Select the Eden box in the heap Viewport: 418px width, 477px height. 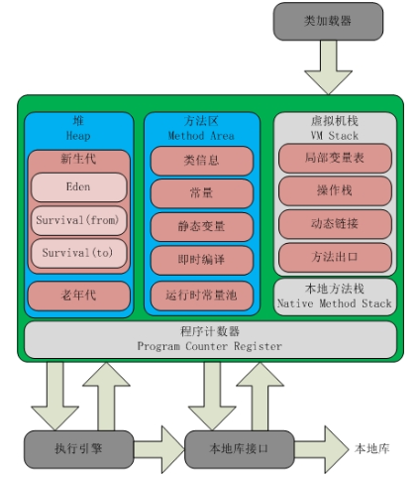click(x=78, y=186)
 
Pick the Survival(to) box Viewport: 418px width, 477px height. click(x=78, y=253)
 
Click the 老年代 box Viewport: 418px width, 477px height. click(x=78, y=295)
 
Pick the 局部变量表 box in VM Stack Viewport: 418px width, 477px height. click(x=334, y=158)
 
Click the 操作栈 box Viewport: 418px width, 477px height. click(x=334, y=190)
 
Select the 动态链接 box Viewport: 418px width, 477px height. click(x=334, y=223)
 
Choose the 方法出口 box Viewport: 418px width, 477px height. click(x=334, y=256)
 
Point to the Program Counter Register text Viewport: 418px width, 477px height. click(x=209, y=346)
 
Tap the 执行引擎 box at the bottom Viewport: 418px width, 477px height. click(x=77, y=449)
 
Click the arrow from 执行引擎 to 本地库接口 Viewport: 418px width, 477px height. click(x=157, y=449)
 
